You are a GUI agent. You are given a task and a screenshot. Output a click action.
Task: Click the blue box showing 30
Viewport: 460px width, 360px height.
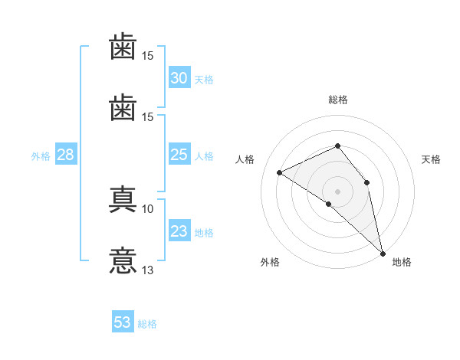(179, 77)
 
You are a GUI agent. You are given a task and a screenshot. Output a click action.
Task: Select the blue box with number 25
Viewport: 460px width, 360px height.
(179, 154)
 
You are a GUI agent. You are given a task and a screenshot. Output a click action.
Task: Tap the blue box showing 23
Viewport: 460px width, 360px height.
(179, 230)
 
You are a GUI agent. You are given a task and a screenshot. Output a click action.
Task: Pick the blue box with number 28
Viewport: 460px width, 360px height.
(66, 154)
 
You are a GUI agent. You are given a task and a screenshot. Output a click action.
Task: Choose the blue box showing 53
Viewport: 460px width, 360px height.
(123, 321)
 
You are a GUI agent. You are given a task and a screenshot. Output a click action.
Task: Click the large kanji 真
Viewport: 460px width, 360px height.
(123, 199)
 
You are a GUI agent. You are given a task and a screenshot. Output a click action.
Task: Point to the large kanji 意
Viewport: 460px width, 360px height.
(123, 260)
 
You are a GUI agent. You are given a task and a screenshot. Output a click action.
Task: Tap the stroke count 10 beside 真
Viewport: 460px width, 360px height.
(147, 209)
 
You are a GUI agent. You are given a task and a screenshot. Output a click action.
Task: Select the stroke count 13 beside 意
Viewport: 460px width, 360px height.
(147, 270)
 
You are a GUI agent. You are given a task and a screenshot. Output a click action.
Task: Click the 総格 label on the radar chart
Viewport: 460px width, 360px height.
(338, 100)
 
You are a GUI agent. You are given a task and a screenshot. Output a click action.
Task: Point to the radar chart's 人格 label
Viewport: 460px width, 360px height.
(245, 159)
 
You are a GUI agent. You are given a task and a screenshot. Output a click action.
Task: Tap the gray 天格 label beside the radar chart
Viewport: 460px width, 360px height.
(431, 159)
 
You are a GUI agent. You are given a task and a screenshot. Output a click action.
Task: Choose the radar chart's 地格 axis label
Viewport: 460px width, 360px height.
(402, 262)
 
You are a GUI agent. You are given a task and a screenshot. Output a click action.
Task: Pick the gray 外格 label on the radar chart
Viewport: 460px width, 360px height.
(270, 262)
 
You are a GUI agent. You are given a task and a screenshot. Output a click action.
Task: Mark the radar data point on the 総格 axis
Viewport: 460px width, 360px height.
(337, 146)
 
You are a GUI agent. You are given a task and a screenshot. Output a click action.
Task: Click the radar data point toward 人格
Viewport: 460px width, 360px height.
(280, 172)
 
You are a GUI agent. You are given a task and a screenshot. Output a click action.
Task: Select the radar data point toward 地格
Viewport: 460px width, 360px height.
(383, 254)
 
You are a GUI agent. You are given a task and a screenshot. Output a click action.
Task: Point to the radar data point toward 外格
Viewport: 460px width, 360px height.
(329, 204)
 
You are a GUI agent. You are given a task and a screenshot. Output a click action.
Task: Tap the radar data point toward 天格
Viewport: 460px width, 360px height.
(366, 182)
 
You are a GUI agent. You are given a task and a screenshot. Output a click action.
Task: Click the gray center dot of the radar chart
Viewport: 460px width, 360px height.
(337, 191)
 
